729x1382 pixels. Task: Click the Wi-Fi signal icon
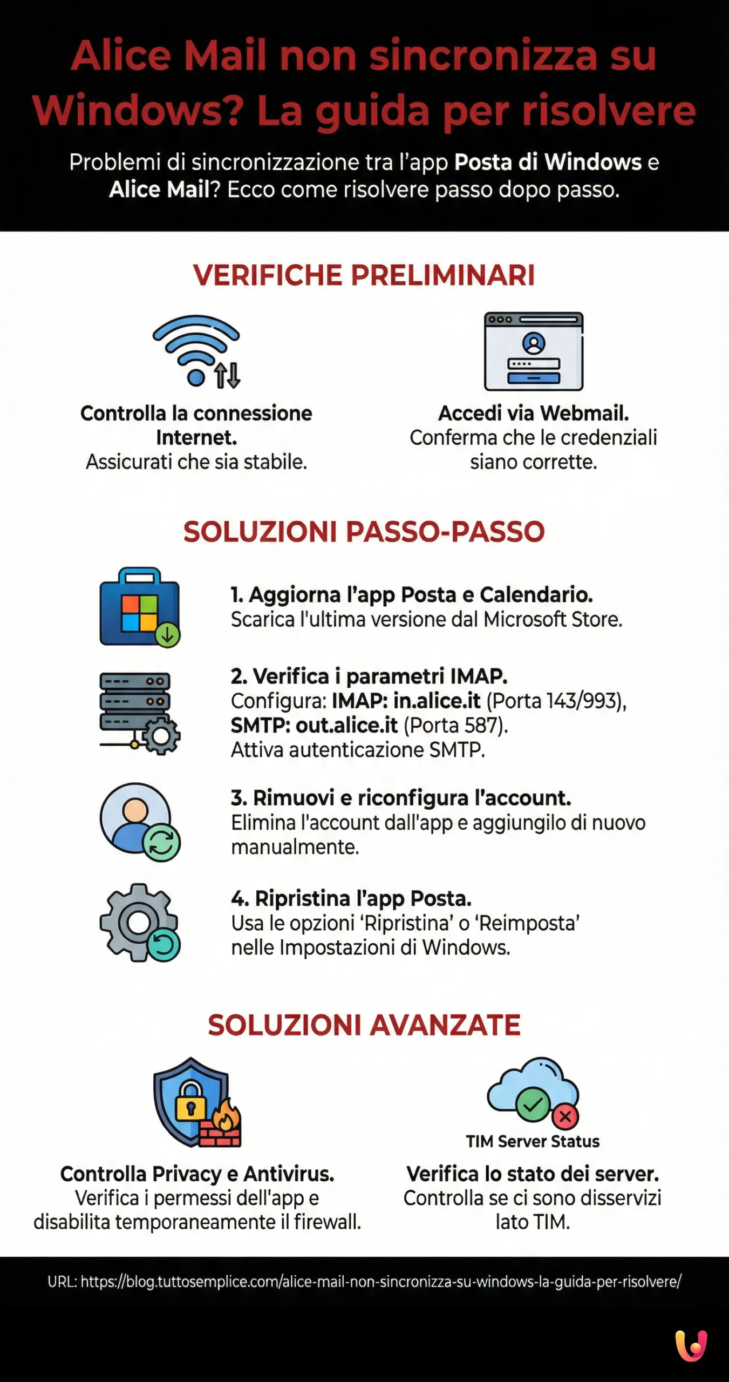click(196, 350)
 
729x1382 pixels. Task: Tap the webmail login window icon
click(533, 351)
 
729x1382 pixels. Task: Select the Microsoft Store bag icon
click(140, 607)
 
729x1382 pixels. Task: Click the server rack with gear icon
click(139, 712)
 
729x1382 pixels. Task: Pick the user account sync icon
click(140, 822)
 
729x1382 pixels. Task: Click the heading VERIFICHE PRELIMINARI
click(364, 275)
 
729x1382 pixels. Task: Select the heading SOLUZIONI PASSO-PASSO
click(364, 532)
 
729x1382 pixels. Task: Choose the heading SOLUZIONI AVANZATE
click(364, 1025)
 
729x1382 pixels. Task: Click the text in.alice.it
click(437, 701)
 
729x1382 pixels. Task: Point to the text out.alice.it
click(346, 726)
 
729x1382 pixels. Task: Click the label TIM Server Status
click(533, 1141)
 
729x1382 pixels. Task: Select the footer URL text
click(364, 1282)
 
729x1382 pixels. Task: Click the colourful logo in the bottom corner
click(691, 1345)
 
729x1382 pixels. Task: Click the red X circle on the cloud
click(566, 1116)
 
